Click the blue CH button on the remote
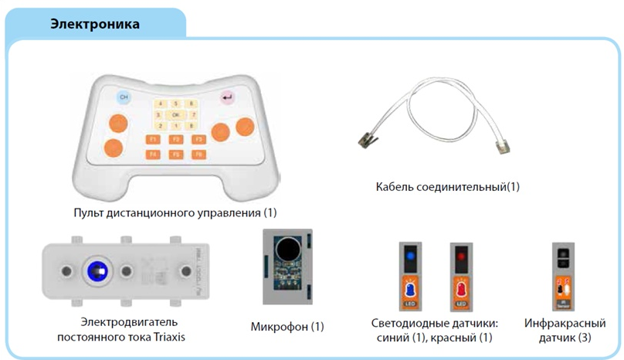[124, 98]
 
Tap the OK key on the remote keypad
[176, 114]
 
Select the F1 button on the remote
[154, 140]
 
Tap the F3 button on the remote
[198, 140]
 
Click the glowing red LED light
[461, 254]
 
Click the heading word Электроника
[95, 25]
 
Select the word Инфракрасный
[565, 324]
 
